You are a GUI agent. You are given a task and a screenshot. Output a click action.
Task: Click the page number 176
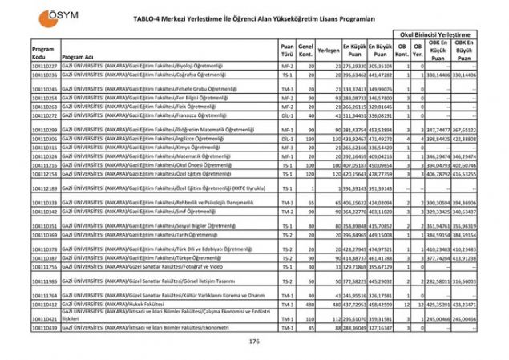[254, 342]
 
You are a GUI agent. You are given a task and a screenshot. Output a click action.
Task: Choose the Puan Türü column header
[287, 49]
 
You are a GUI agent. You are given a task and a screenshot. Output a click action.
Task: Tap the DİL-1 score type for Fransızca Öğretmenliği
[287, 115]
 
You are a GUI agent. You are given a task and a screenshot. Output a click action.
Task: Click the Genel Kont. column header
[305, 49]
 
